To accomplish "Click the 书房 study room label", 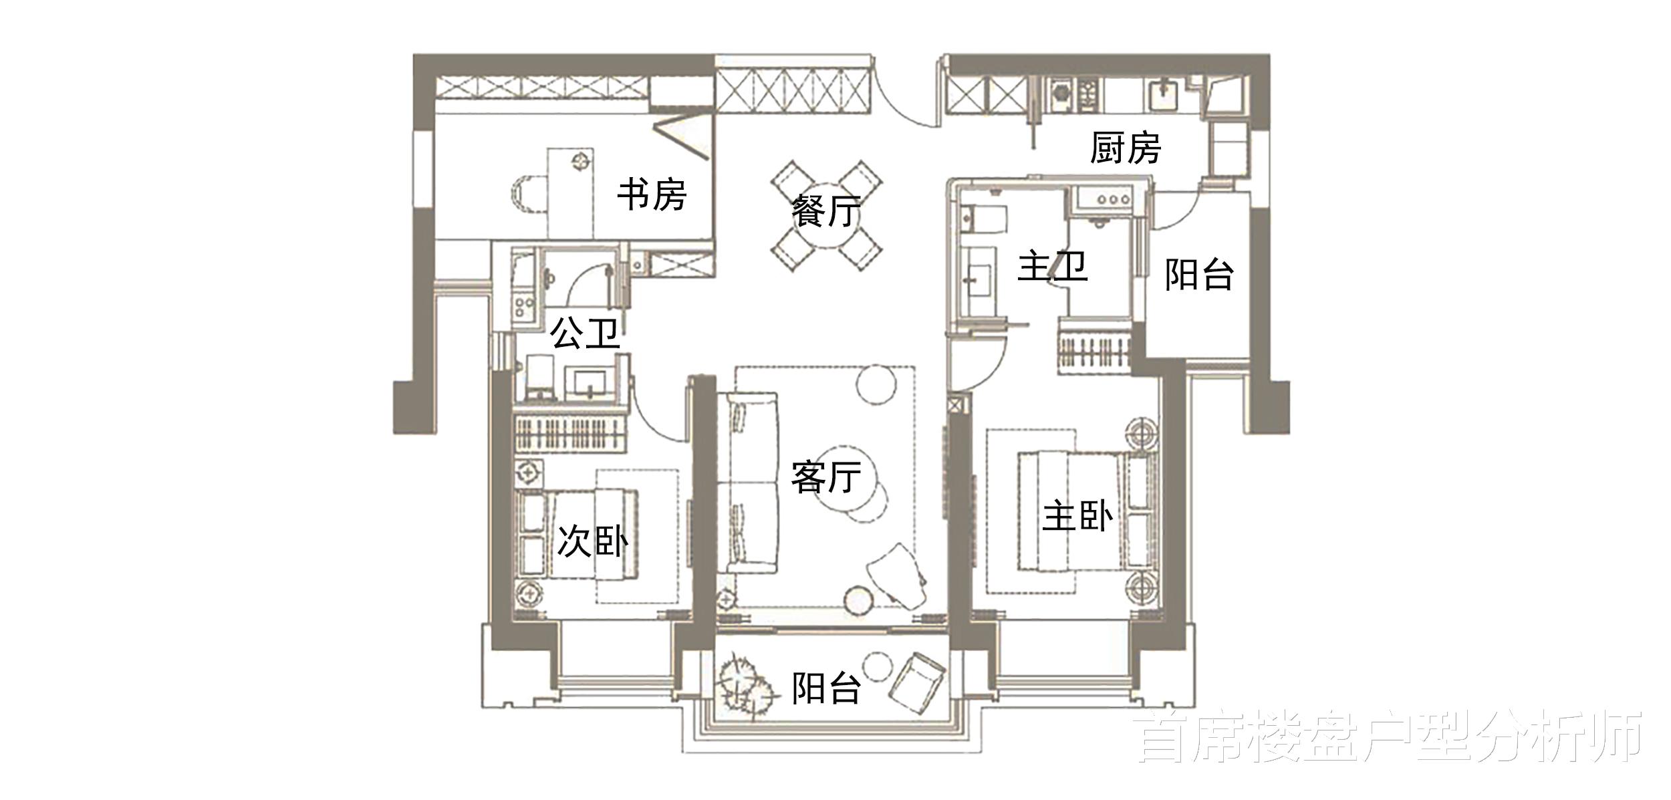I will [x=651, y=194].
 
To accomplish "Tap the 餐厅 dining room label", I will [x=826, y=211].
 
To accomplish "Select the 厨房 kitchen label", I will [x=1125, y=148].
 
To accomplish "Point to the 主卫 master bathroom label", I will [x=1052, y=267].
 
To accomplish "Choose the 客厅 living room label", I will [x=825, y=477].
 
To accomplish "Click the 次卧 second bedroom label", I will [x=592, y=541].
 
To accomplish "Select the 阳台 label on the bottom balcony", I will [x=825, y=688].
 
